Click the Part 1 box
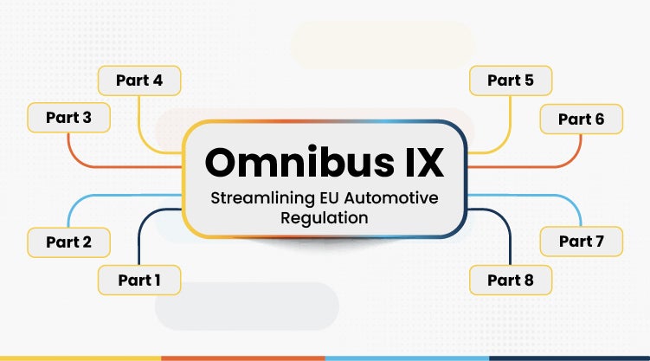coord(138,280)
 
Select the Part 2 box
coord(69,242)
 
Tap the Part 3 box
coord(69,117)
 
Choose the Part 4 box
coord(138,81)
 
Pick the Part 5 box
coord(511,81)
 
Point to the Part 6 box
coord(581,119)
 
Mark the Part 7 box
coord(581,242)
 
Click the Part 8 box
coord(511,280)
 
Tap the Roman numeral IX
coord(411,162)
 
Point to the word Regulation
coord(325,218)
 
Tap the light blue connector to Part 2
coord(104,197)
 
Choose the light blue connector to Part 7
coord(545,197)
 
